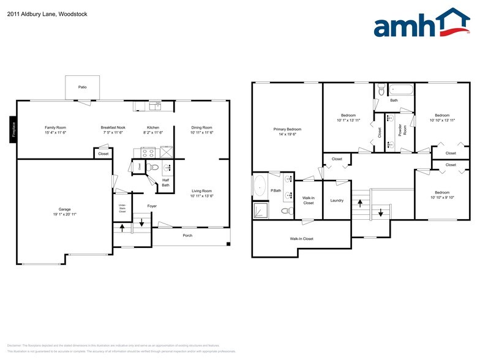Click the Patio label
pyautogui.click(x=82, y=88)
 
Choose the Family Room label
pyautogui.click(x=54, y=127)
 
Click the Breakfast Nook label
pyautogui.click(x=113, y=127)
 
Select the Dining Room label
pyautogui.click(x=201, y=127)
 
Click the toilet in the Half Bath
pyautogui.click(x=153, y=167)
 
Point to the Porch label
pyautogui.click(x=187, y=235)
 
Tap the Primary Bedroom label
pyautogui.click(x=287, y=129)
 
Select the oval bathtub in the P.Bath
pyautogui.click(x=260, y=186)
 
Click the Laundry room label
pyautogui.click(x=336, y=200)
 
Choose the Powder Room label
pyautogui.click(x=400, y=132)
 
